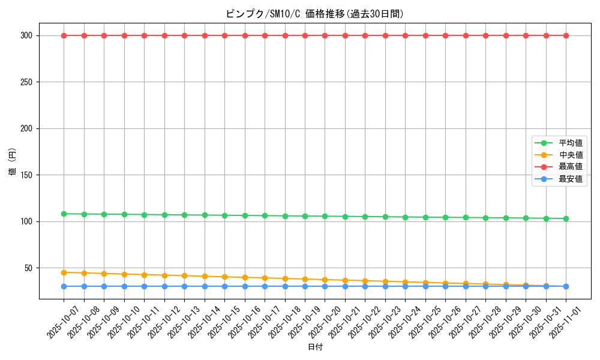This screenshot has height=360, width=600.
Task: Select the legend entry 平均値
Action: [x=571, y=143]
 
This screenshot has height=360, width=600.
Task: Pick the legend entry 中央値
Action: [x=571, y=155]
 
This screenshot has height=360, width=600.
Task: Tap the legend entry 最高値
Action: [x=571, y=167]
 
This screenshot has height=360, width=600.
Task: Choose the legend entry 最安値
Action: [x=571, y=179]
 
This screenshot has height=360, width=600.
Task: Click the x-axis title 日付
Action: [x=315, y=347]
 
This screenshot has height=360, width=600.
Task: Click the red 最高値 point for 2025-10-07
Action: [x=64, y=35]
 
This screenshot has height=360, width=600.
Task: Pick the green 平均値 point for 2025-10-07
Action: [x=64, y=214]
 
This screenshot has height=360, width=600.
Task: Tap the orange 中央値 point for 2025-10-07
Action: [x=64, y=272]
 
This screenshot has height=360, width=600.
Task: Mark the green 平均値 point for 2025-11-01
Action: [x=566, y=218]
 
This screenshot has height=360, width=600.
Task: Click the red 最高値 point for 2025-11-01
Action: [x=566, y=35]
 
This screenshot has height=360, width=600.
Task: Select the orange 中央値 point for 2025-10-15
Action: [x=224, y=277]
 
